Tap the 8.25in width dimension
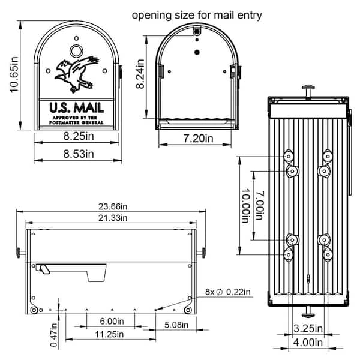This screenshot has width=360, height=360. pyautogui.click(x=78, y=136)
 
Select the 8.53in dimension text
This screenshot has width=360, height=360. pyautogui.click(x=78, y=154)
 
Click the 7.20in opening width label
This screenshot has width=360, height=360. pyautogui.click(x=195, y=139)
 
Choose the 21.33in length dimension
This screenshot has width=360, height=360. pyautogui.click(x=108, y=217)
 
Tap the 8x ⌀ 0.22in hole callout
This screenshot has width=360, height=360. pyautogui.click(x=228, y=293)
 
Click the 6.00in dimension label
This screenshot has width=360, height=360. pyautogui.click(x=112, y=322)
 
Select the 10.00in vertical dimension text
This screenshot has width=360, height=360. pyautogui.click(x=245, y=206)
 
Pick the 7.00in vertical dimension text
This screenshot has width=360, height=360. pyautogui.click(x=259, y=206)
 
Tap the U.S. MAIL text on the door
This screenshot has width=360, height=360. pyautogui.click(x=76, y=107)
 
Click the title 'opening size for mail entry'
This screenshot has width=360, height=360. pyautogui.click(x=197, y=14)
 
